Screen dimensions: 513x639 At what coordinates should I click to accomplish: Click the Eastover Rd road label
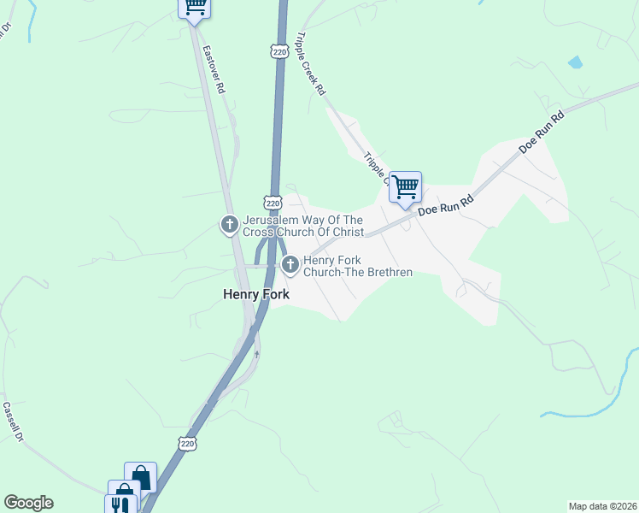(214, 65)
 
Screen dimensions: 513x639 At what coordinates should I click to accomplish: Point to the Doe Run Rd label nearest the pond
(543, 133)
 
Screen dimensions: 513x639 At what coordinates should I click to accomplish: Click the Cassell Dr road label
(12, 422)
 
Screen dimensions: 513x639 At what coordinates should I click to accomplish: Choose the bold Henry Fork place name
(256, 294)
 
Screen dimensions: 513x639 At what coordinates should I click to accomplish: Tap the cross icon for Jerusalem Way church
(229, 225)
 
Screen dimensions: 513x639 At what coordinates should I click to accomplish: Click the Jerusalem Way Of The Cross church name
(303, 226)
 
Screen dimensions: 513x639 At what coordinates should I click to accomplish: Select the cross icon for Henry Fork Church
(290, 265)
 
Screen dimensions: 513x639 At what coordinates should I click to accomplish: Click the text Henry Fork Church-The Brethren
(358, 266)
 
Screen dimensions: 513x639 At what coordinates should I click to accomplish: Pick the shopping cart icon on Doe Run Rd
(405, 186)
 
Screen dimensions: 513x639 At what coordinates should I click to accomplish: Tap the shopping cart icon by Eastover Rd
(195, 8)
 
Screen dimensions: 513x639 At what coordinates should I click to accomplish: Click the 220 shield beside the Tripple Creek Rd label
(278, 52)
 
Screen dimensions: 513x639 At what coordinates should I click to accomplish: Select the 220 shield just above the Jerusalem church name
(273, 203)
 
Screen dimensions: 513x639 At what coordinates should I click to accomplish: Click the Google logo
(28, 503)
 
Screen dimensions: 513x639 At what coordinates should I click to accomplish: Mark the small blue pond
(575, 62)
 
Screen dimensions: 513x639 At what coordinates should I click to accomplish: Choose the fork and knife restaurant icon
(120, 504)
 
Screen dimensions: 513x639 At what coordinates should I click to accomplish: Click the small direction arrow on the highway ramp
(256, 353)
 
